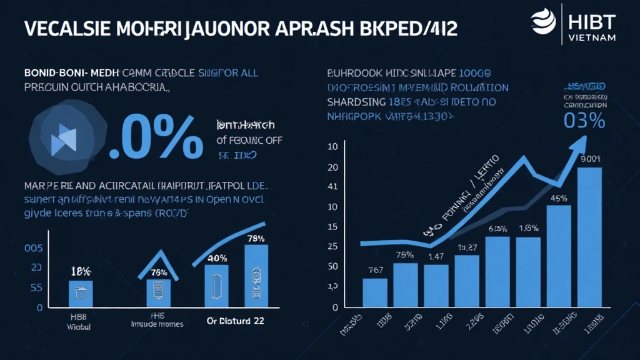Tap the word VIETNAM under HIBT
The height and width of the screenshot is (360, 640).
(593, 38)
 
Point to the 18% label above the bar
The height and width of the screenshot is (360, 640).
(81, 271)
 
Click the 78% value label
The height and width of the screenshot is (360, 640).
(257, 237)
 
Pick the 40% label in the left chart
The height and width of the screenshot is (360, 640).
(216, 257)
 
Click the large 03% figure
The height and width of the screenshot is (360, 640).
(584, 121)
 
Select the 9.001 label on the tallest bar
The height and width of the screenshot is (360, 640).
(589, 159)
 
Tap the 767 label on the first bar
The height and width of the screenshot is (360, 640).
(375, 270)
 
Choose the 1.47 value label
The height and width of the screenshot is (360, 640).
(436, 256)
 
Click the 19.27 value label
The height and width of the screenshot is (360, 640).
(467, 247)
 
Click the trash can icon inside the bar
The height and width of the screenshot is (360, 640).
(81, 292)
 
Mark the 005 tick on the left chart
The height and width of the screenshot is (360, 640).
(33, 248)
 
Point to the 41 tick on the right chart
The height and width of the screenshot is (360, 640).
(332, 186)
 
